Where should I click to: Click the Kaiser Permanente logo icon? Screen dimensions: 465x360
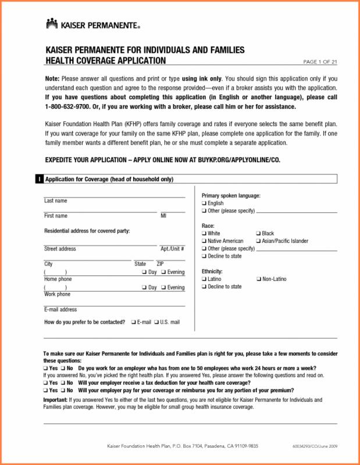pyautogui.click(x=52, y=24)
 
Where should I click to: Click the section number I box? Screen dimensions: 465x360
pyautogui.click(x=39, y=180)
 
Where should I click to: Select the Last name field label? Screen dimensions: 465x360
pyautogui.click(x=56, y=201)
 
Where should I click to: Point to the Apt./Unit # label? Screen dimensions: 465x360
pyautogui.click(x=172, y=249)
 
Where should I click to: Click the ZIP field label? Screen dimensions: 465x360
pyautogui.click(x=152, y=264)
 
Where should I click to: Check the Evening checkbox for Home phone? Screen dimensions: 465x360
pyautogui.click(x=163, y=272)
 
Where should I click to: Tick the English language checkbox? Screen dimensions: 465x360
pyautogui.click(x=204, y=204)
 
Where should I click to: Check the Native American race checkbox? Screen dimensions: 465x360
pyautogui.click(x=204, y=241)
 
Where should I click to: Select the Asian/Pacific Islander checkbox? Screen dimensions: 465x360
pyautogui.click(x=258, y=241)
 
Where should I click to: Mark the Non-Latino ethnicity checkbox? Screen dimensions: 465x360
pyautogui.click(x=258, y=280)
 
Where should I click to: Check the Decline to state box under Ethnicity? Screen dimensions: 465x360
pyautogui.click(x=204, y=287)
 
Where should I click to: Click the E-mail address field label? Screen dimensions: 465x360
pyautogui.click(x=60, y=310)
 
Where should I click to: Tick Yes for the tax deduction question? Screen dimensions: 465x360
pyautogui.click(x=46, y=383)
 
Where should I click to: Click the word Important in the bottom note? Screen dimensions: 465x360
pyautogui.click(x=55, y=400)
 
